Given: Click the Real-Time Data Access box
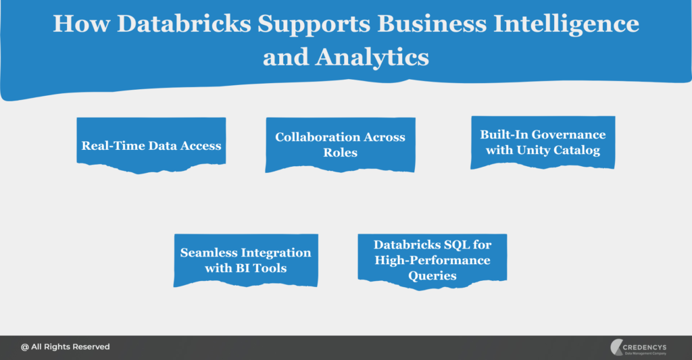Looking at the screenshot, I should pos(151,145).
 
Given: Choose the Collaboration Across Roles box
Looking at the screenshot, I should pos(340,145).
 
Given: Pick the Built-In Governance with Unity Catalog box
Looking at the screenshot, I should pos(543,143).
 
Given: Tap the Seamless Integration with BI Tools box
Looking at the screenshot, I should pos(245,260).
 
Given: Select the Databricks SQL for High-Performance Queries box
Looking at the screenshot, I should pos(432,260).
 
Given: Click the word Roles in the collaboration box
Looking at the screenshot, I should pos(340,153).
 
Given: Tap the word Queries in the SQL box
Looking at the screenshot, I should pos(432,276).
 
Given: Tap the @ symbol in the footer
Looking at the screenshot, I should pos(24,346).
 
